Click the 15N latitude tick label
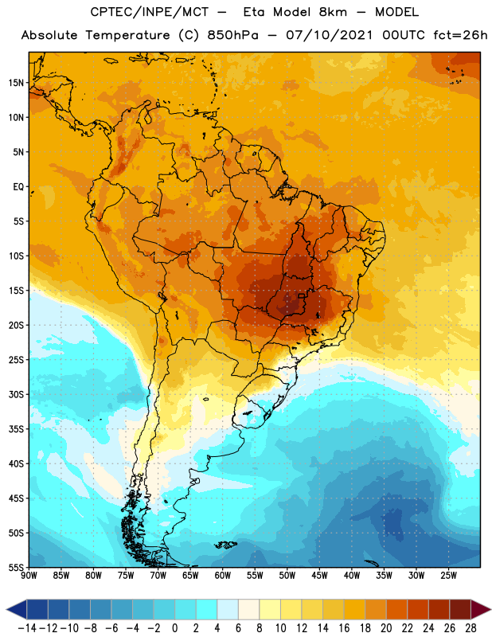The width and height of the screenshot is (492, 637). pyautogui.click(x=16, y=83)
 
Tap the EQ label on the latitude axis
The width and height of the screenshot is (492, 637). pyautogui.click(x=18, y=187)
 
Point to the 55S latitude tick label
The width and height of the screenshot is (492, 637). pyautogui.click(x=16, y=568)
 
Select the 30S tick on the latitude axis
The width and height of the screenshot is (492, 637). pyautogui.click(x=16, y=394)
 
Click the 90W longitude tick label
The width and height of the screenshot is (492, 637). pyautogui.click(x=29, y=576)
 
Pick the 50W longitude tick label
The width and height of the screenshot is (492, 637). pyautogui.click(x=287, y=576)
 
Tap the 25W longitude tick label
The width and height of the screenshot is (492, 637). pyautogui.click(x=448, y=576)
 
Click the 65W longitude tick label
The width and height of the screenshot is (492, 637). pyautogui.click(x=190, y=576)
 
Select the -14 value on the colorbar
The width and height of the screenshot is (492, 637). pyautogui.click(x=27, y=628)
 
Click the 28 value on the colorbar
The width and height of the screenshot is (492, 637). pyautogui.click(x=471, y=628)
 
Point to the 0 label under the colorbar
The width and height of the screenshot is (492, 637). pyautogui.click(x=174, y=628)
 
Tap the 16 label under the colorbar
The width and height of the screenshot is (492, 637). pyautogui.click(x=344, y=628)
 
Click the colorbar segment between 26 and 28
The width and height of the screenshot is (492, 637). pyautogui.click(x=460, y=609)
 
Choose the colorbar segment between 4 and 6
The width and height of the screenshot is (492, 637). pyautogui.click(x=228, y=609)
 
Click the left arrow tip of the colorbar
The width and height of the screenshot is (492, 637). pyautogui.click(x=6, y=609)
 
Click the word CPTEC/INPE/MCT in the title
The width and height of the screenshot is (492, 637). pyautogui.click(x=149, y=12)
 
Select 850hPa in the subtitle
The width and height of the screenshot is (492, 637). pyautogui.click(x=232, y=35)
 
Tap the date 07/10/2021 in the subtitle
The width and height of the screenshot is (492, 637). pyautogui.click(x=329, y=35)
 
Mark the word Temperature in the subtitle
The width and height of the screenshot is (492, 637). pyautogui.click(x=127, y=36)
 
